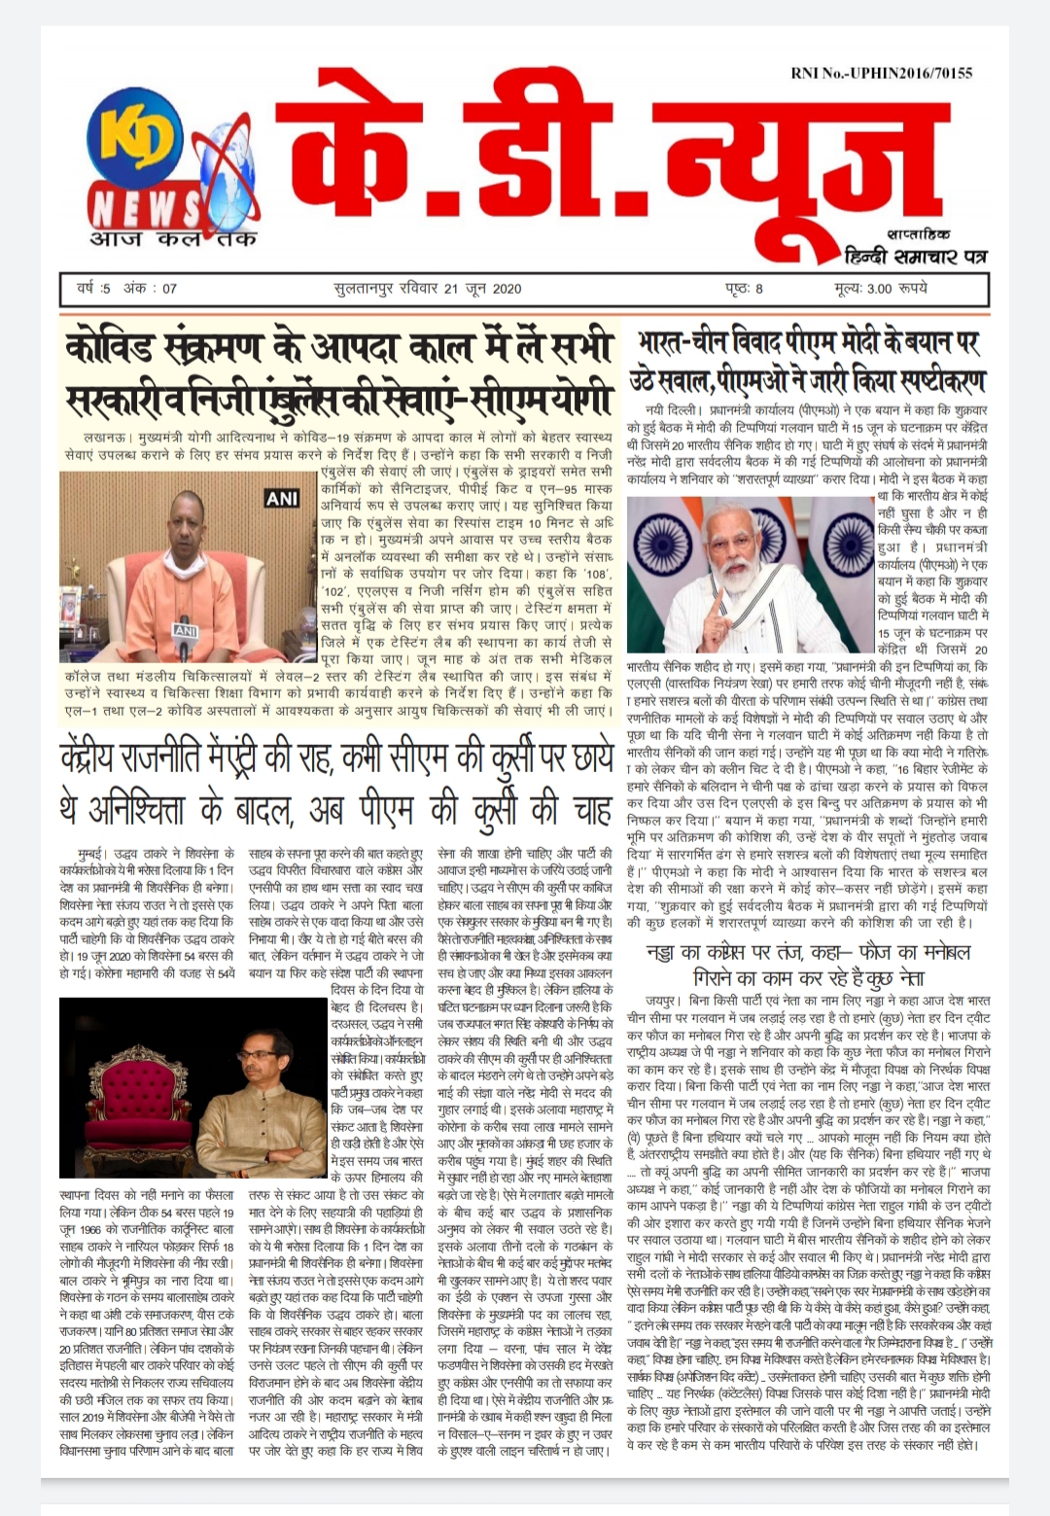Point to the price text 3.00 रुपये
pos(882,288)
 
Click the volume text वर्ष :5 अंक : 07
pos(127,288)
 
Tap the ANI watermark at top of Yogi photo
pos(282,498)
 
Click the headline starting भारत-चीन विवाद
pos(807,361)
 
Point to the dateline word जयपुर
pos(664,1000)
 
